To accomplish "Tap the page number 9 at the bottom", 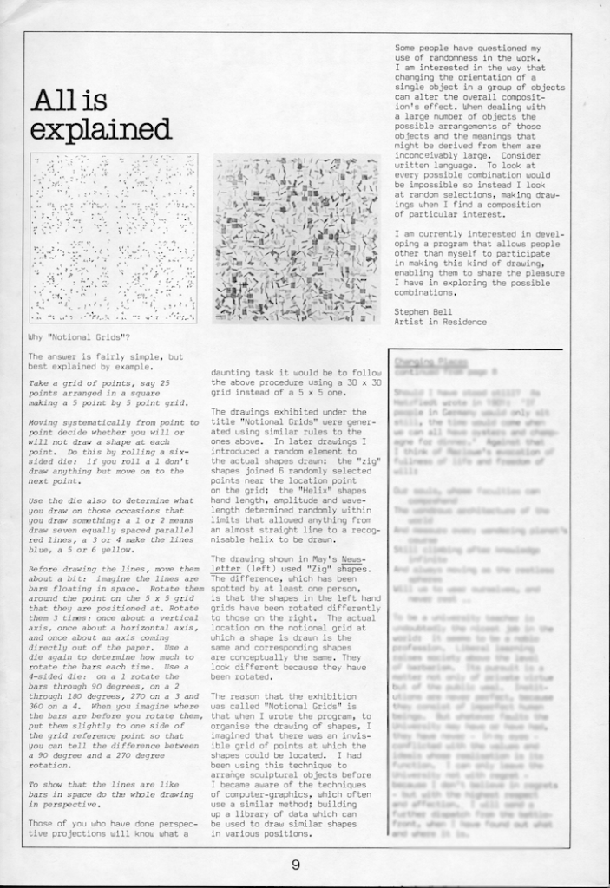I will click(x=296, y=864).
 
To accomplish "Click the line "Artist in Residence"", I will click(x=441, y=321).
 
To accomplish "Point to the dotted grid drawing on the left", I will click(x=114, y=238).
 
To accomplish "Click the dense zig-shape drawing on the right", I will click(x=295, y=238).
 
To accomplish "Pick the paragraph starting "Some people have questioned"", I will click(x=479, y=131).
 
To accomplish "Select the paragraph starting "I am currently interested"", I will click(x=479, y=263).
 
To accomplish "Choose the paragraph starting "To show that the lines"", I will click(x=111, y=794).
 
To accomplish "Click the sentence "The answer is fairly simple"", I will click(x=105, y=362).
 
